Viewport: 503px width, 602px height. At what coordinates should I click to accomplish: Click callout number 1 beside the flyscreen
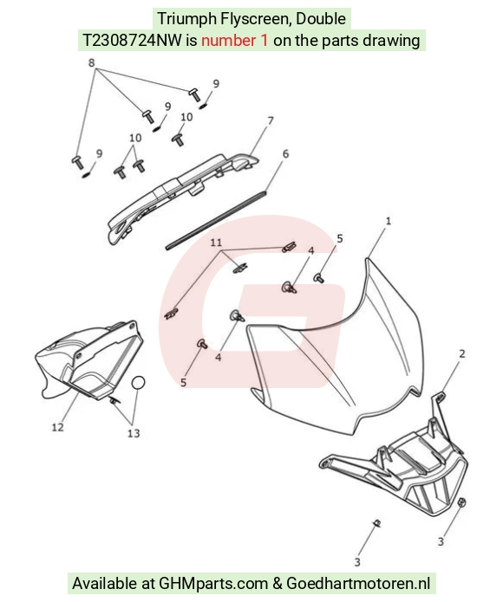[389, 221]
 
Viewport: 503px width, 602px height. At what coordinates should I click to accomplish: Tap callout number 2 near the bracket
[462, 353]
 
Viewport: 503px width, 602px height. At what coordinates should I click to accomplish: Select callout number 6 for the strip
[285, 154]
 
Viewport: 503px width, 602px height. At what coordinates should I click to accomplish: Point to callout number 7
[270, 120]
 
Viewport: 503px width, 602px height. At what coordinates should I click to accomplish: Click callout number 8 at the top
[91, 62]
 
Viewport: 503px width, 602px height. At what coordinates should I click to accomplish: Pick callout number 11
[216, 243]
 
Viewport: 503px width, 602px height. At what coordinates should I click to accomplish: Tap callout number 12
[57, 427]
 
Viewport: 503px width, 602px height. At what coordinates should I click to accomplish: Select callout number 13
[134, 433]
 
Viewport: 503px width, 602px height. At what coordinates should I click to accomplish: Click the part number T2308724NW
[132, 40]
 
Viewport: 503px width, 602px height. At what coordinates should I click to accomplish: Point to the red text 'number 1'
[234, 40]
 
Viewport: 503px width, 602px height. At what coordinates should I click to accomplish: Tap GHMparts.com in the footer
[213, 583]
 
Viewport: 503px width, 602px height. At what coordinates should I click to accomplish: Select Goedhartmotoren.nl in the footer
[358, 583]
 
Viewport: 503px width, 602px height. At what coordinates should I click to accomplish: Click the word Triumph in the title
[187, 19]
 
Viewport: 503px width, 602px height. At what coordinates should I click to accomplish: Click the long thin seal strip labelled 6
[216, 220]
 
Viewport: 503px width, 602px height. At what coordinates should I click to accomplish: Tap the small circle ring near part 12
[139, 382]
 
